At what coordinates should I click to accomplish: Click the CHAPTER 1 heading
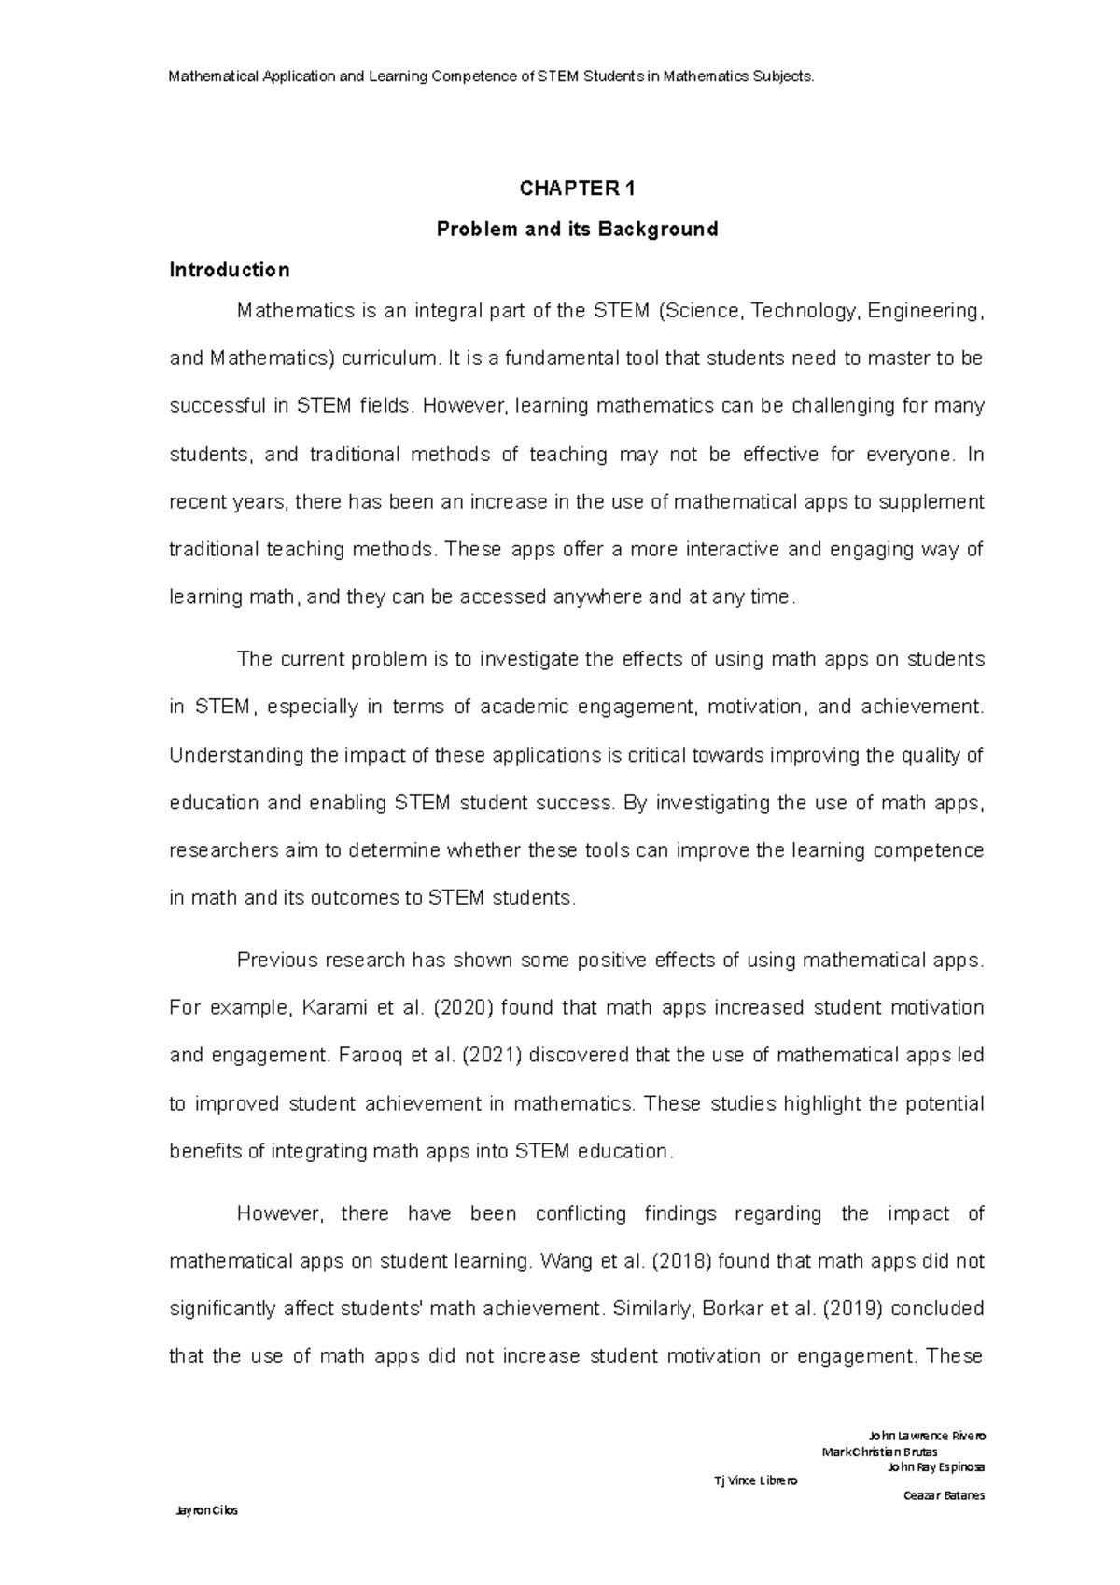578,189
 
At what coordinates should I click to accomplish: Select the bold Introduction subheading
229,270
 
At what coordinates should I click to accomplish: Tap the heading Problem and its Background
578,229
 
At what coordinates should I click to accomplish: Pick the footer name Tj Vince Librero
755,1480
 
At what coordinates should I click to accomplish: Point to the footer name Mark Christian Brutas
879,1452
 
